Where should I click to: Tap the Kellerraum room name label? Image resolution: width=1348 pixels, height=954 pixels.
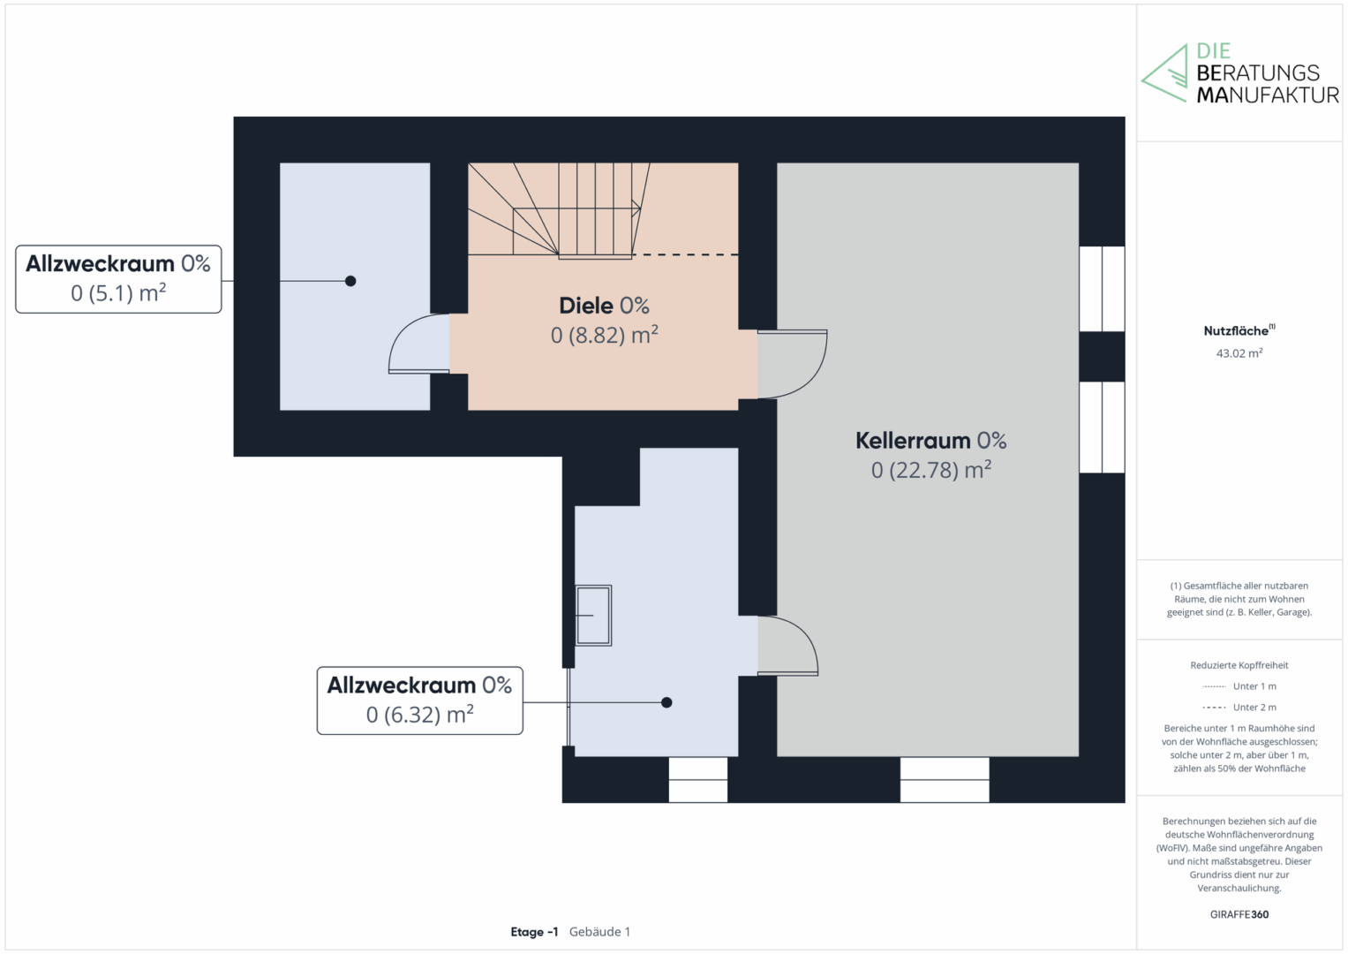[x=913, y=440]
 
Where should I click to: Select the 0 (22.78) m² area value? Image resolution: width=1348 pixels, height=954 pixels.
[x=931, y=470]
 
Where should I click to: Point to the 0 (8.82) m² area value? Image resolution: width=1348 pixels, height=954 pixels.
[x=604, y=335]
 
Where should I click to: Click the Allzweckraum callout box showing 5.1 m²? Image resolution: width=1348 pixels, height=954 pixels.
[x=118, y=279]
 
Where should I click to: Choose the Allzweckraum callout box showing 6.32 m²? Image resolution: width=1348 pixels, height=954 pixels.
[x=420, y=700]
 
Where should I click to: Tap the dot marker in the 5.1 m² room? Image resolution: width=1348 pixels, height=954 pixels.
[x=350, y=281]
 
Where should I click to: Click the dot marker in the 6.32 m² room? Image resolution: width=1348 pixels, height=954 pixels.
[x=666, y=702]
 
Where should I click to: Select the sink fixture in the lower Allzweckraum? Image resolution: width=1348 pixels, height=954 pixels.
[x=593, y=616]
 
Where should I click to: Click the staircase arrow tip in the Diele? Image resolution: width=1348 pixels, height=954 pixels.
[x=640, y=208]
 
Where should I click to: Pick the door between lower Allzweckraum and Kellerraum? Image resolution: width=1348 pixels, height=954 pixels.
[x=787, y=645]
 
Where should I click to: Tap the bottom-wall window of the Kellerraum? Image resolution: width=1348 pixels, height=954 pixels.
[x=945, y=780]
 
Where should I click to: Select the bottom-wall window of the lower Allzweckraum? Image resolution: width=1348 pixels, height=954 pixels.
[x=698, y=780]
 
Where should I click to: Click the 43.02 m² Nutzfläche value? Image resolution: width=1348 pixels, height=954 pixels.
[x=1239, y=353]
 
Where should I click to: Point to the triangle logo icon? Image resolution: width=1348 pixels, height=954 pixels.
[x=1164, y=73]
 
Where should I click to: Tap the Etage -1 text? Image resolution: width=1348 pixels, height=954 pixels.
[x=534, y=932]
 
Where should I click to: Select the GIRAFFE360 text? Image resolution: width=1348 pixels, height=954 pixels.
[x=1239, y=914]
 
